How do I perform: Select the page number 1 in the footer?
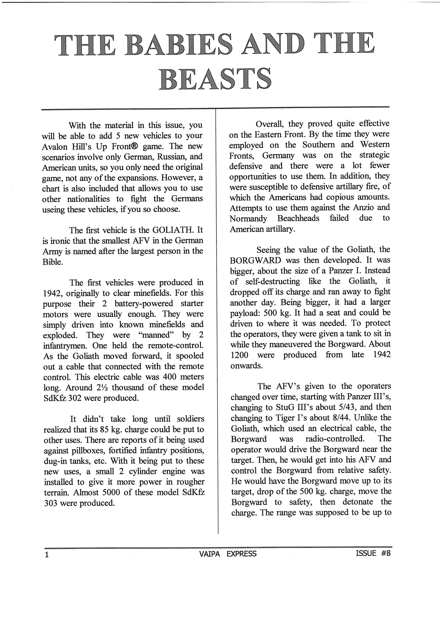click(x=47, y=554)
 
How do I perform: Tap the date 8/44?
click(x=338, y=418)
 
